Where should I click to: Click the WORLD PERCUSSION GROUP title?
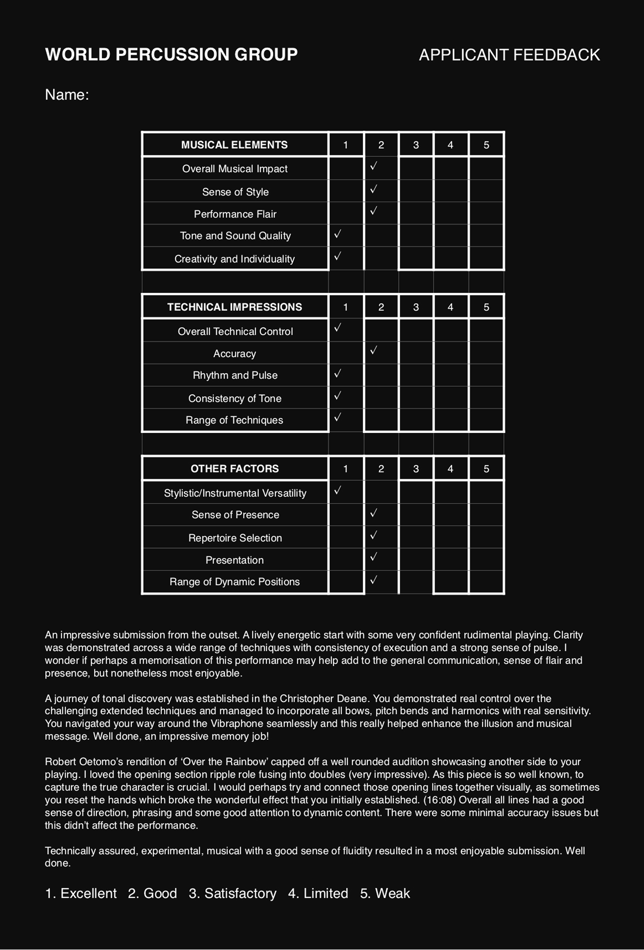click(x=171, y=54)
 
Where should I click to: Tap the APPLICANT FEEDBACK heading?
click(x=509, y=55)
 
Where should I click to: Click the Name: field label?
click(x=67, y=94)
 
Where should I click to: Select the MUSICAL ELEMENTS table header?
click(x=234, y=145)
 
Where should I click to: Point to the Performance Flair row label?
click(x=235, y=214)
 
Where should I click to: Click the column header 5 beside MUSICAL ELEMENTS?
click(x=486, y=145)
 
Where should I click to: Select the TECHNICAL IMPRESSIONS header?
click(x=234, y=307)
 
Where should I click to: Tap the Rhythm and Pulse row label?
click(x=235, y=375)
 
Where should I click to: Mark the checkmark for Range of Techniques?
click(x=337, y=417)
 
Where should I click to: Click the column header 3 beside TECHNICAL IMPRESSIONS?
click(x=416, y=307)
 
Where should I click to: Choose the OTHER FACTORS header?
click(x=234, y=468)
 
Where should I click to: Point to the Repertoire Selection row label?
click(x=235, y=538)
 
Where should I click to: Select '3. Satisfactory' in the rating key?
click(x=232, y=894)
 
